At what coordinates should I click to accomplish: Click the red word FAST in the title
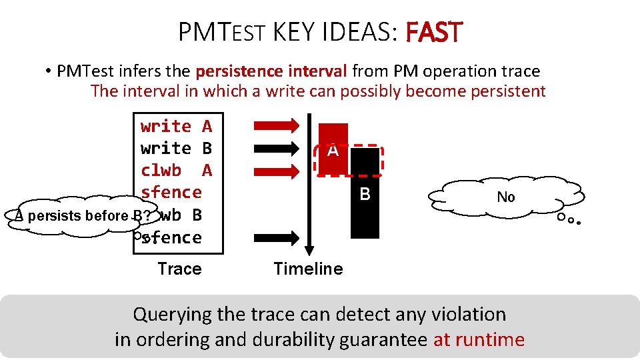click(433, 31)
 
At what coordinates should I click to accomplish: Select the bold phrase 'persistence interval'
click(271, 71)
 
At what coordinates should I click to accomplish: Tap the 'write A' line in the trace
click(176, 126)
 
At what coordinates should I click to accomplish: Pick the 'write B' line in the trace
click(176, 148)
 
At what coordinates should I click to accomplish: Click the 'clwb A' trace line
click(176, 170)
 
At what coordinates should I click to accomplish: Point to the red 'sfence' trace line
click(171, 192)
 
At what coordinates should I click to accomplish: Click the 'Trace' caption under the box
click(179, 269)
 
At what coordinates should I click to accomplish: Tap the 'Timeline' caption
click(308, 269)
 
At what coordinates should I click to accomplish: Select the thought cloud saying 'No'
click(506, 197)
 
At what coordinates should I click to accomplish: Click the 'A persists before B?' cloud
click(73, 216)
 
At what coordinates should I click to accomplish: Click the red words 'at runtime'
click(479, 339)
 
